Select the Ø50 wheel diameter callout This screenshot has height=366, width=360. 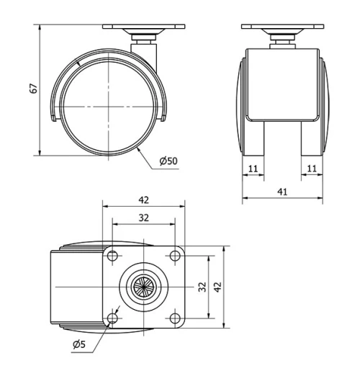168,160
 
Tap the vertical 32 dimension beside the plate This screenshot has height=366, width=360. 202,287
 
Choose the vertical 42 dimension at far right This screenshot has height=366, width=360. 218,287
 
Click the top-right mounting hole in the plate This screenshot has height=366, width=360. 174,256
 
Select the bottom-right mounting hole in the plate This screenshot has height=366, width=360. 174,318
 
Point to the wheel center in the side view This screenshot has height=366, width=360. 106,107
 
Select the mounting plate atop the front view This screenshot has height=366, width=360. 282,27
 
